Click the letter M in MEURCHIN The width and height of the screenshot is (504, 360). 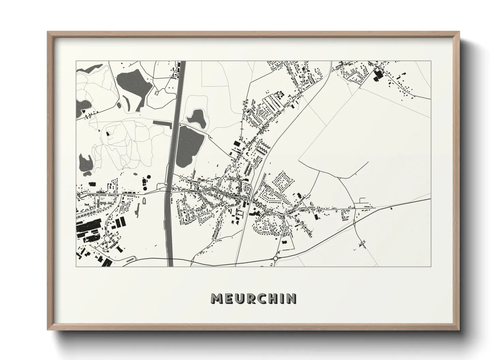[x=217, y=298]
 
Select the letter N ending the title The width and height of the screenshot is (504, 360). [x=291, y=298]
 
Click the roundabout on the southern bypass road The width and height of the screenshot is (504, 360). [x=275, y=258]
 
